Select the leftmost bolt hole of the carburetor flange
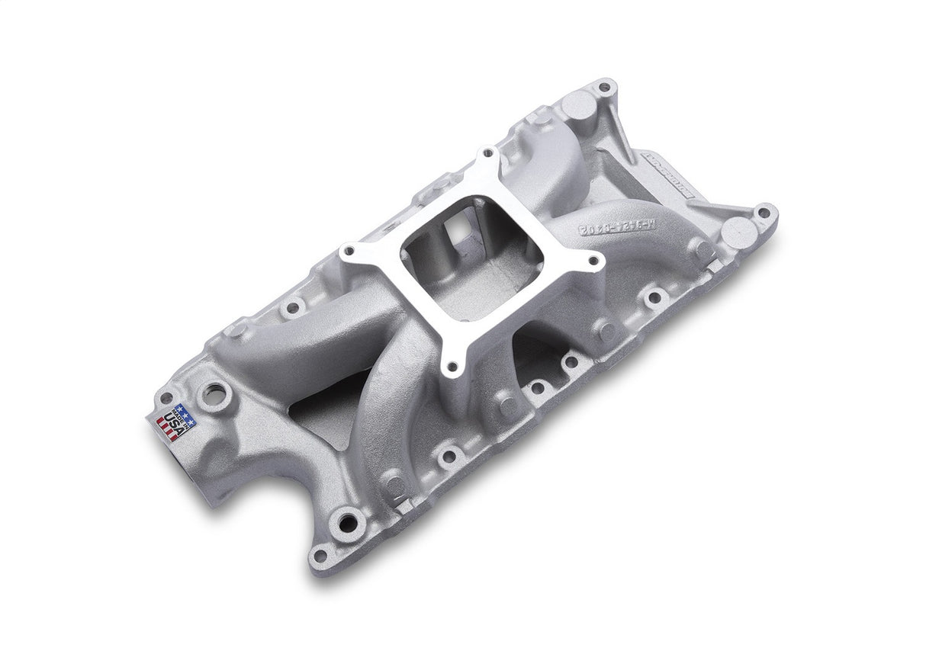[348, 251]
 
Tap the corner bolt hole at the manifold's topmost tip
[604, 86]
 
